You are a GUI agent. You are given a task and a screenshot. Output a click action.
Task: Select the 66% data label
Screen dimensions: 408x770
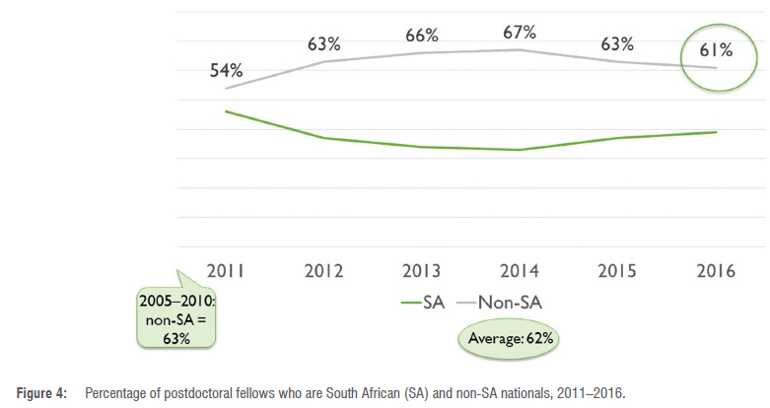point(421,35)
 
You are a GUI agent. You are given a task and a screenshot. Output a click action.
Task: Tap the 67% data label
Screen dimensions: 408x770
point(519,32)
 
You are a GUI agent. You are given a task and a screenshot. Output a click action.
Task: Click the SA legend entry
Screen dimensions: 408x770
point(421,304)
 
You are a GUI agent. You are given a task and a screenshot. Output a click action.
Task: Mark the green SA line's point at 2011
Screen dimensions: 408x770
point(226,111)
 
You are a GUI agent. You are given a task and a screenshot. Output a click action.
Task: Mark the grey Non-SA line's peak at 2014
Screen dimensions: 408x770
point(519,49)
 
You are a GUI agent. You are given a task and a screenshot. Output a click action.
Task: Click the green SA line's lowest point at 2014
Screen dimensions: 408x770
point(519,150)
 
